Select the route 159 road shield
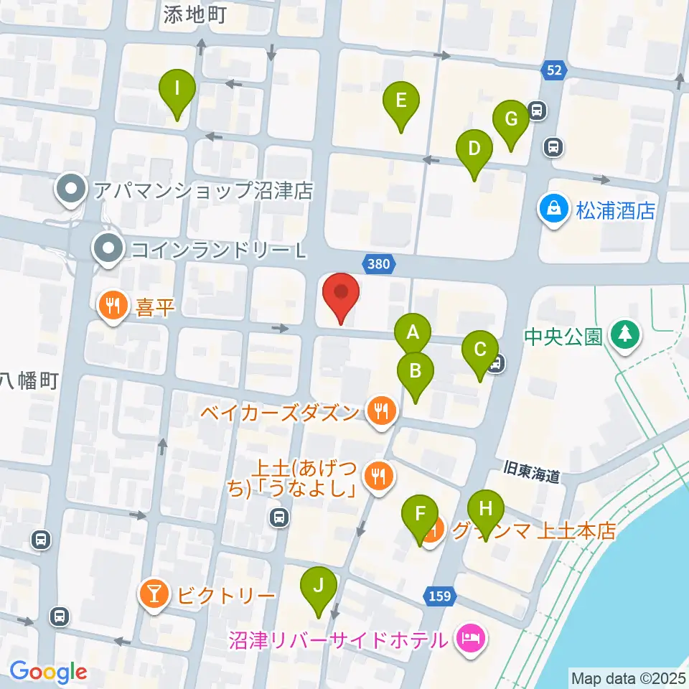(x=441, y=596)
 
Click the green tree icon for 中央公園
(x=624, y=335)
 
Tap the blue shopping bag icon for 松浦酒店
(x=553, y=210)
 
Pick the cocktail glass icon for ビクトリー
(x=154, y=594)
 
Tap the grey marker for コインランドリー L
(x=108, y=249)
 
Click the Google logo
(x=48, y=672)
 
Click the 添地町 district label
(x=194, y=16)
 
